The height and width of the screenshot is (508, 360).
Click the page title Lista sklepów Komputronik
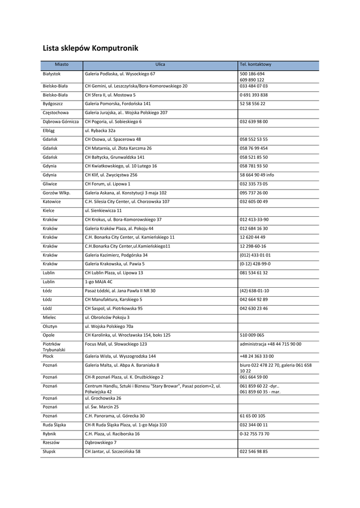90,49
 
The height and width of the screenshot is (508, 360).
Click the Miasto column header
62,65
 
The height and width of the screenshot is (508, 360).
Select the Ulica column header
160,65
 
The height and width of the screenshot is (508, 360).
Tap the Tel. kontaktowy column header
256,65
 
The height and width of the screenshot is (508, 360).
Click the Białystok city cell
52,74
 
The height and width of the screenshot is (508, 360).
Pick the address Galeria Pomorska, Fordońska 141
118,104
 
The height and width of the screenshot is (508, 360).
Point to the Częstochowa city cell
56,113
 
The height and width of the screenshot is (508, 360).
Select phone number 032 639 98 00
254,122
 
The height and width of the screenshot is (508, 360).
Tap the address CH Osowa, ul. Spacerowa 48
113,139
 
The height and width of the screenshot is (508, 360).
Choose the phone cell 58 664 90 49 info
257,175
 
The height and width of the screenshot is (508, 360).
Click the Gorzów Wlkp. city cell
57,193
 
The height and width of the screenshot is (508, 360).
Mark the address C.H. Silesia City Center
127,202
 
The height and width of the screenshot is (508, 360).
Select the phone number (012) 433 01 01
255,255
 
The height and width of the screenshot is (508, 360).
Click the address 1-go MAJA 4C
98,282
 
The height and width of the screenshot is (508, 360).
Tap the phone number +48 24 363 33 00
257,356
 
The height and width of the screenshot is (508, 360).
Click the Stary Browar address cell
153,388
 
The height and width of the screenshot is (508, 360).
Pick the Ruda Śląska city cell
54,425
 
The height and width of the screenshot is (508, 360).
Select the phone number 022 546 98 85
254,452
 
